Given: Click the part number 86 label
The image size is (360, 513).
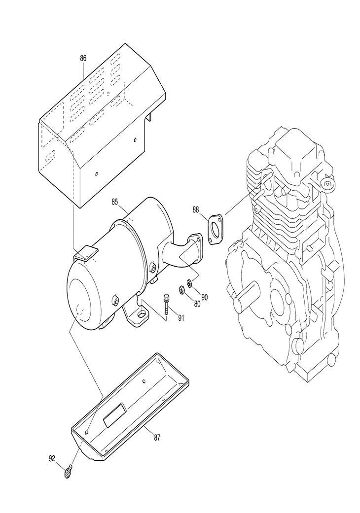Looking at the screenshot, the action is point(83,58).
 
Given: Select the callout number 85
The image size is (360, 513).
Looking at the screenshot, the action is point(114,202).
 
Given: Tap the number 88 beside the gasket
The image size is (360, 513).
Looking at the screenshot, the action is point(196,210).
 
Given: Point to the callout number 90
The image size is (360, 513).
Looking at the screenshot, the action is point(205,297).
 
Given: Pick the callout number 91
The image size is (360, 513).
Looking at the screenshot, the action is point(181,318).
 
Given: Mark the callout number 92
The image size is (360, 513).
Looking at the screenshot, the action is point(52,459).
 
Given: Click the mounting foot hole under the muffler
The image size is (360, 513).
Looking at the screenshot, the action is point(142,314).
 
